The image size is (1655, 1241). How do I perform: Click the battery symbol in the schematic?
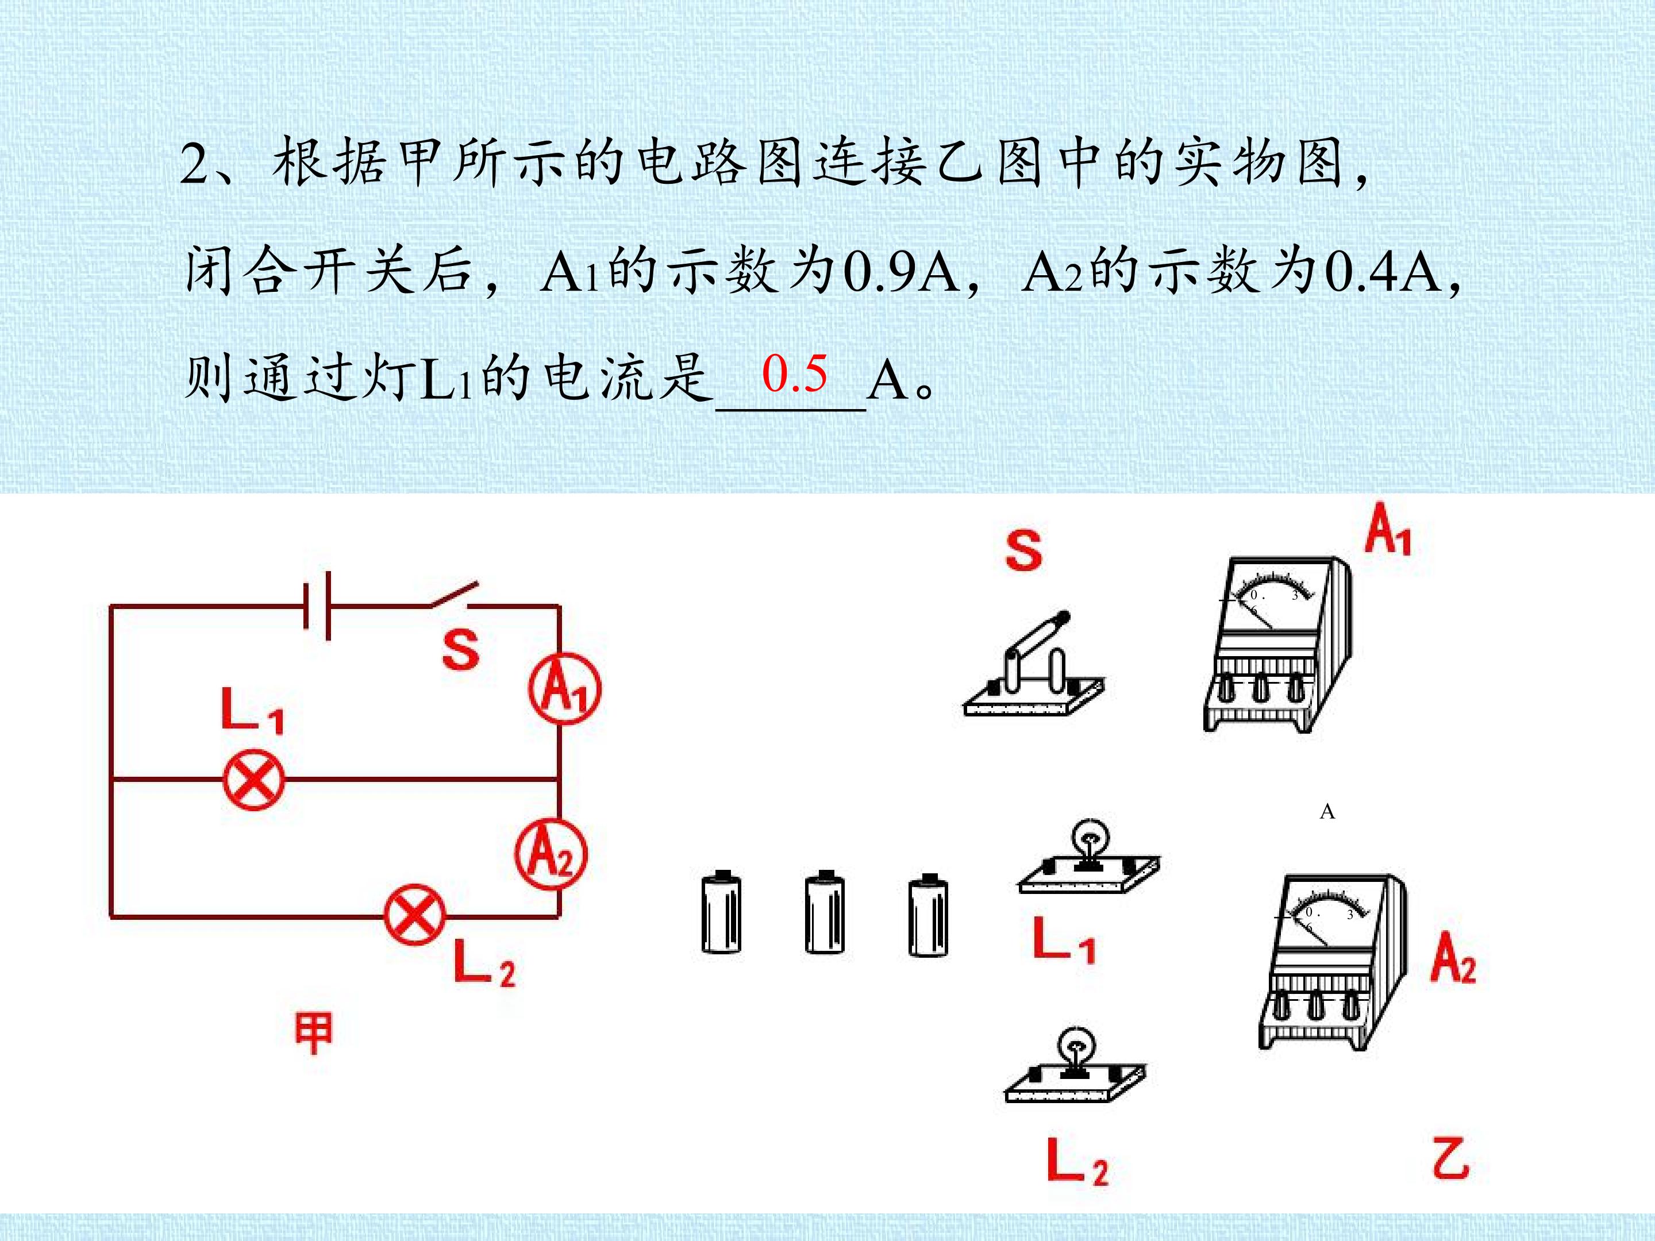point(317,606)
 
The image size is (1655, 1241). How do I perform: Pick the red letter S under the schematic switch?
point(461,650)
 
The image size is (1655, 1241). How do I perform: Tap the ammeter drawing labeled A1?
point(1277,644)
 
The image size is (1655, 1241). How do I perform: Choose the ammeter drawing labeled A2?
point(1333,961)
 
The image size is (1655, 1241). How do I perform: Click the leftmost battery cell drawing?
point(721,912)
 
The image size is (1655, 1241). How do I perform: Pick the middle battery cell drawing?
point(825,912)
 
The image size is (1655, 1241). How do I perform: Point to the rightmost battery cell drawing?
point(927,914)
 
